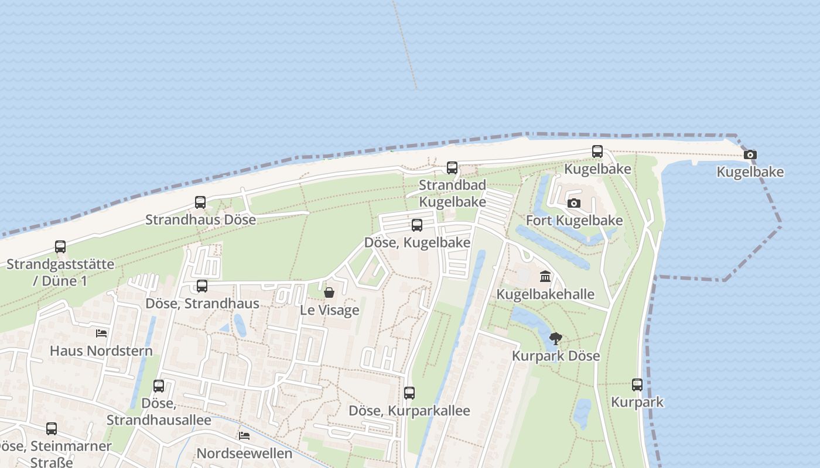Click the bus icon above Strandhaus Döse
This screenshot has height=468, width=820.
[x=200, y=202]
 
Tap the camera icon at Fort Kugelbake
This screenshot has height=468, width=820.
[x=574, y=203]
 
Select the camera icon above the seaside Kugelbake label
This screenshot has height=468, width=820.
[x=750, y=155]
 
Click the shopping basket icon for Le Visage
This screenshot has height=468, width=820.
[x=329, y=292]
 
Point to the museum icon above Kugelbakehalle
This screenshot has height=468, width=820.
[x=545, y=276]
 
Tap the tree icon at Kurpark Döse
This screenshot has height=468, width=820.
[x=556, y=338]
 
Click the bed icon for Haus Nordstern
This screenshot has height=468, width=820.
[x=101, y=333]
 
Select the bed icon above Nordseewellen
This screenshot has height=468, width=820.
[x=244, y=436]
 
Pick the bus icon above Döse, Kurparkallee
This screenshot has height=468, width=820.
[x=409, y=393]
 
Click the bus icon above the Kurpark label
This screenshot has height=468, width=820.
[x=637, y=384]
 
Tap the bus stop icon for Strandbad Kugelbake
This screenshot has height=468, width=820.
[x=452, y=167]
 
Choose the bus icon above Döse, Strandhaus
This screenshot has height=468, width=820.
[x=202, y=285]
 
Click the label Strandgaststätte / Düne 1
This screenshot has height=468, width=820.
[x=60, y=272]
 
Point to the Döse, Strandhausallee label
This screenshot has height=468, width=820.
[x=159, y=412]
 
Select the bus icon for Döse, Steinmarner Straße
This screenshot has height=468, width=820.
[x=52, y=428]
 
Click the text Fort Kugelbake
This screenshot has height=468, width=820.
[x=574, y=221]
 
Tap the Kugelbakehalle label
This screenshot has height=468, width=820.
[x=545, y=294]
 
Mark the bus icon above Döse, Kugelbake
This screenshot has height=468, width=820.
[x=417, y=225]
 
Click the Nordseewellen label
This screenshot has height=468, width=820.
[x=244, y=453]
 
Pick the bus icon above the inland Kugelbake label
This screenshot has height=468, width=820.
[x=597, y=152]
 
